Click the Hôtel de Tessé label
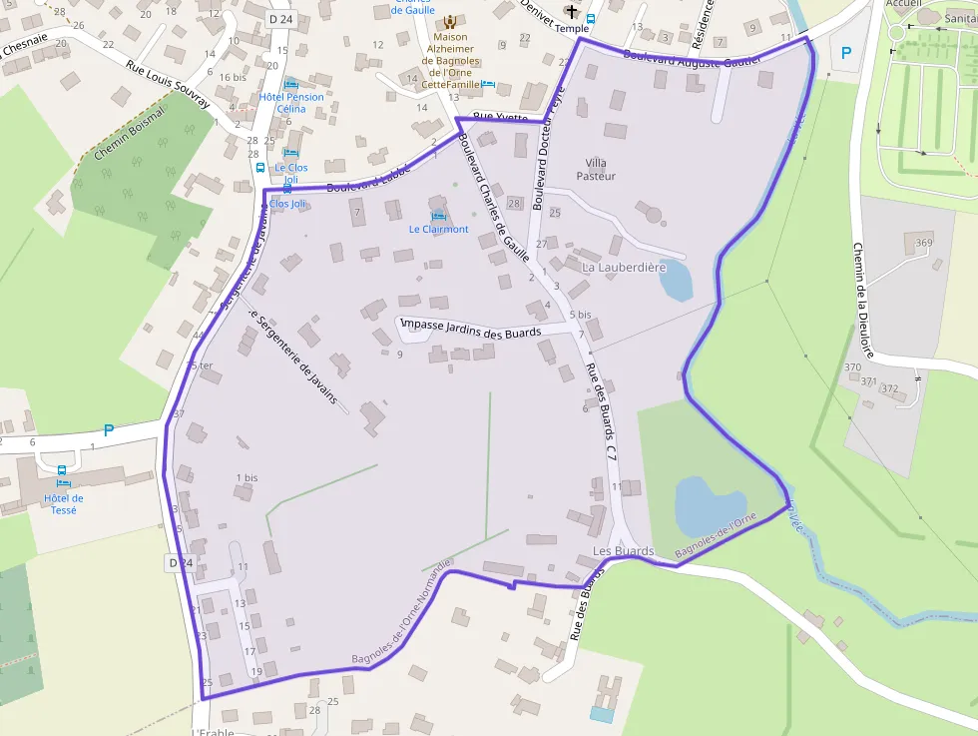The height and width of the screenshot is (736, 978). (64, 504)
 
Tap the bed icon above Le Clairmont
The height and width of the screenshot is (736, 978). (437, 216)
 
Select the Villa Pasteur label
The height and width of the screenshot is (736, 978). (596, 169)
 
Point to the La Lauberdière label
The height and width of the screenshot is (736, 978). (623, 268)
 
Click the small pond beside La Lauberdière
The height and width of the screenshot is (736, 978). (675, 280)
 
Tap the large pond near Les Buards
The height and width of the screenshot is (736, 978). (710, 505)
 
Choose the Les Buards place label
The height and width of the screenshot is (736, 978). (623, 551)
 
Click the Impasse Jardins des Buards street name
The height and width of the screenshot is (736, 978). (470, 329)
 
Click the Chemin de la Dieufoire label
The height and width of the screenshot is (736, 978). (863, 300)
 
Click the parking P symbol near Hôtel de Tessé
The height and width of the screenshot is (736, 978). (109, 431)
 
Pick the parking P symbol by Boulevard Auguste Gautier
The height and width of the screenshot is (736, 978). (846, 53)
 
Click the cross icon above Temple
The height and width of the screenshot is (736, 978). (572, 12)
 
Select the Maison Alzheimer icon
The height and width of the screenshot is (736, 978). (449, 21)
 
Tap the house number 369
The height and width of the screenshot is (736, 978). (924, 243)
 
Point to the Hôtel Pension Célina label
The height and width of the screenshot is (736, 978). (290, 102)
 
